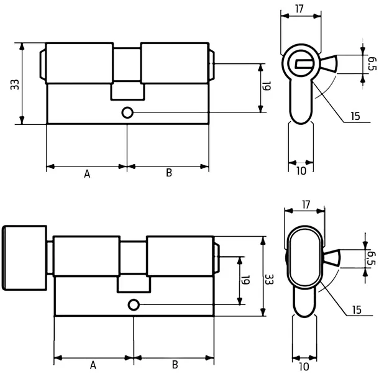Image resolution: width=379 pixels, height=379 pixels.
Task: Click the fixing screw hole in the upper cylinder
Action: pyautogui.click(x=127, y=112)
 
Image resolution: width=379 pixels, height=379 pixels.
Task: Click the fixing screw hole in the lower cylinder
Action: pyautogui.click(x=134, y=305)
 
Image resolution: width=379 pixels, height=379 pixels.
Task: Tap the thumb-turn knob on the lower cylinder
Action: pyautogui.click(x=24, y=258)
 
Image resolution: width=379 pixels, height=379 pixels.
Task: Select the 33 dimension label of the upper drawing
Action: pyautogui.click(x=15, y=84)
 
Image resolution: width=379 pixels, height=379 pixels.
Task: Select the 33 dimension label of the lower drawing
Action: pyautogui.click(x=269, y=279)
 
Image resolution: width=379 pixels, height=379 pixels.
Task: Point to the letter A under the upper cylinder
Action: pyautogui.click(x=87, y=174)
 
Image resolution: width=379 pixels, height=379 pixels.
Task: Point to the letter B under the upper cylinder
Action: pyautogui.click(x=169, y=173)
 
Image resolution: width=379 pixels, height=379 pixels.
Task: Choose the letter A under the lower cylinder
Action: pyautogui.click(x=93, y=365)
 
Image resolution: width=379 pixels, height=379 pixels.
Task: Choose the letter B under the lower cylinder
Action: pyautogui.click(x=175, y=365)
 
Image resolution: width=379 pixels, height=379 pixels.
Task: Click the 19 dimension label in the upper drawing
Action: pyautogui.click(x=267, y=86)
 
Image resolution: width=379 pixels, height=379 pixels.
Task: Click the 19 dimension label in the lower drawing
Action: pyautogui.click(x=245, y=280)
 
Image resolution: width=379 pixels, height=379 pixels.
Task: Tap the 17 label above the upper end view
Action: pyautogui.click(x=299, y=9)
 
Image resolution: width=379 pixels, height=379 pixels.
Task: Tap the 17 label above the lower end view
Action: pyautogui.click(x=306, y=204)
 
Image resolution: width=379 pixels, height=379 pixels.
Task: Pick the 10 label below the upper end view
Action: pyautogui.click(x=301, y=171)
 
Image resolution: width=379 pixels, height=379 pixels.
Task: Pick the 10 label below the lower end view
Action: pyautogui.click(x=304, y=367)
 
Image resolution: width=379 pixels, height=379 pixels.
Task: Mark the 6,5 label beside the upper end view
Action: pyautogui.click(x=372, y=63)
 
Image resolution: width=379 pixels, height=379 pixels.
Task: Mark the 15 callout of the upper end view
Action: pyautogui.click(x=355, y=116)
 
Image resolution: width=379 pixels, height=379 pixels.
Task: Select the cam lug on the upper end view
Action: pyautogui.click(x=329, y=63)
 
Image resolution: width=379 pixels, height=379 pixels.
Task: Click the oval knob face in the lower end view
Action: pyautogui.click(x=305, y=257)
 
